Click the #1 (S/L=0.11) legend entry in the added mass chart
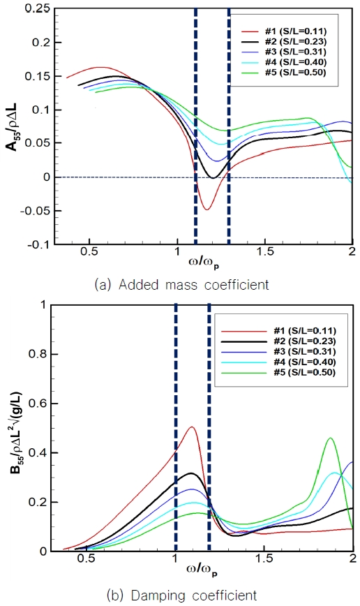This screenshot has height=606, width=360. [293, 31]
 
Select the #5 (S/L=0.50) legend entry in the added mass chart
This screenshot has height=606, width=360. [293, 71]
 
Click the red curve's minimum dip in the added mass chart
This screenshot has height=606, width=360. [206, 209]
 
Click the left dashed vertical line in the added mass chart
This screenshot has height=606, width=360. [195, 126]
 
